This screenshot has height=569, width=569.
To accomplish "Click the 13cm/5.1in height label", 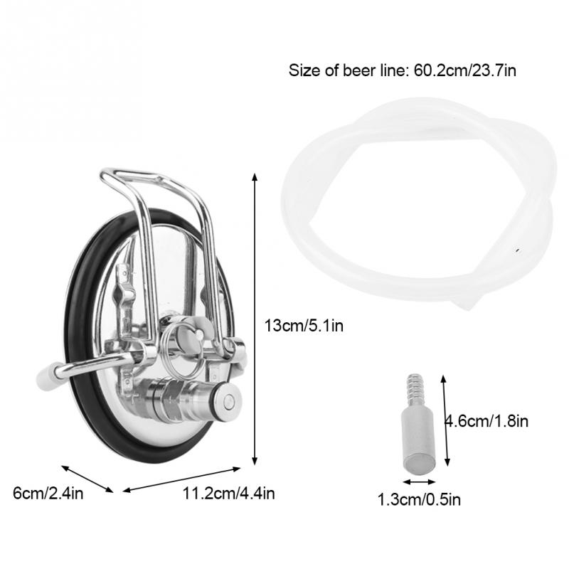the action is tap(304, 325).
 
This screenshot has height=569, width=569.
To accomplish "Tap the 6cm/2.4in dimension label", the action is tap(48, 493).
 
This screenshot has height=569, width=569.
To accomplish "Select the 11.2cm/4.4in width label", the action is tap(228, 493).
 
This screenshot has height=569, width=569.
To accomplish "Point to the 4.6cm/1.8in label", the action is tap(486, 421).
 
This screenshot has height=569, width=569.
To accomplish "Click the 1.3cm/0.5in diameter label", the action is tap(419, 499).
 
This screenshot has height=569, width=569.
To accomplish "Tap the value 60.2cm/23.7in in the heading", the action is tap(465, 70).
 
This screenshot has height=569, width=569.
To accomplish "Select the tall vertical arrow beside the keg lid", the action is tap(255, 319).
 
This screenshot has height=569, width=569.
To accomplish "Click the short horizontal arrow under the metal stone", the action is tap(419, 482).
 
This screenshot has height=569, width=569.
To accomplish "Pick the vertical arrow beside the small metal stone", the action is tap(445, 420).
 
